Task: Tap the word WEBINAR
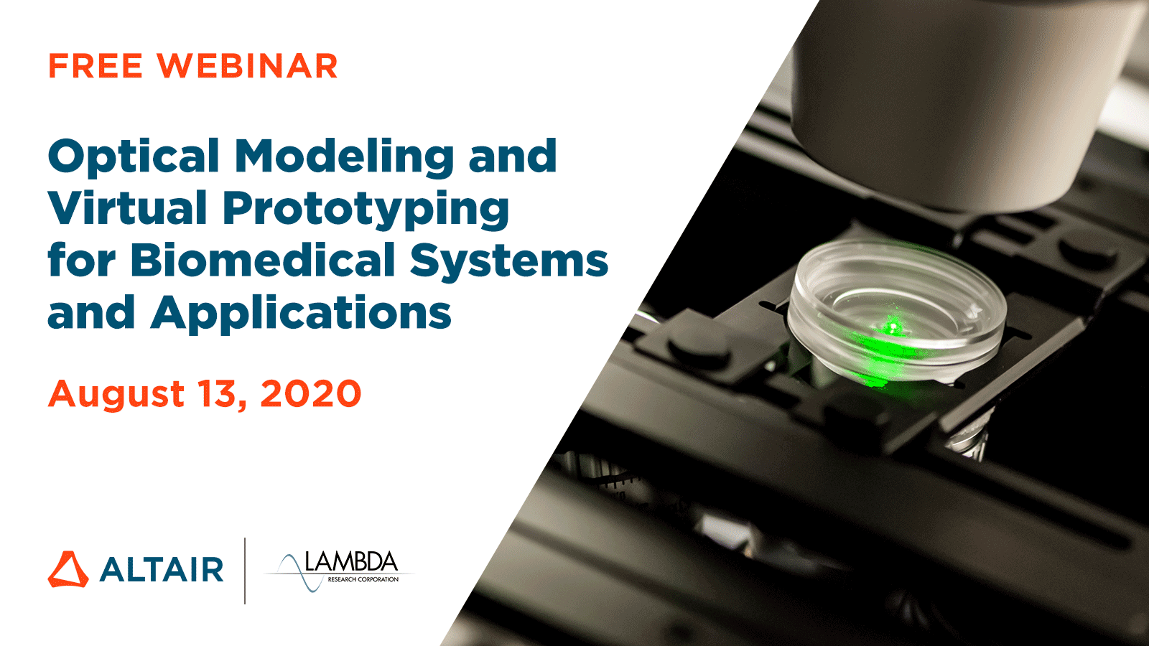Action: coord(247,67)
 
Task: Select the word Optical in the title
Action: coord(134,157)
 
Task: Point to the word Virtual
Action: coord(128,208)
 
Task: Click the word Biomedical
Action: coord(263,260)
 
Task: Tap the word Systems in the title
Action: coord(509,261)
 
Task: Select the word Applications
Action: coord(301,314)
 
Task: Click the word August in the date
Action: coord(117,395)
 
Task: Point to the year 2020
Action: coord(311,394)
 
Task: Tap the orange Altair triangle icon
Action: coord(68,570)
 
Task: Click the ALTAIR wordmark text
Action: coord(162,570)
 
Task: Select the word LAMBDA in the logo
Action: coord(351,562)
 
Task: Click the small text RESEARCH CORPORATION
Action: coord(363,579)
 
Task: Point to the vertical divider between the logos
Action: coord(245,571)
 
